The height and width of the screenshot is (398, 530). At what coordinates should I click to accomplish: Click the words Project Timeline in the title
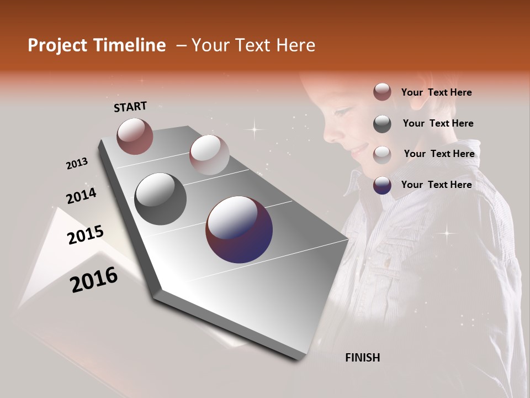coord(97,45)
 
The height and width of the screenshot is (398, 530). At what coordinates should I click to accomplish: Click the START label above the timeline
coord(130,107)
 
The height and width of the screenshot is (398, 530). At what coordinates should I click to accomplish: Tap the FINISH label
coord(362,358)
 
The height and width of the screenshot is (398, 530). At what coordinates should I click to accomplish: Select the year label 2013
coord(77,164)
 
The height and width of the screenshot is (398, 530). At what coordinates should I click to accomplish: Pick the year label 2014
coord(81,196)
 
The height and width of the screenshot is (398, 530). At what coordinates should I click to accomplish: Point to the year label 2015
coord(86,235)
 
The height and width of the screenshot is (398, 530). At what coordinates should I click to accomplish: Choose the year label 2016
coord(94,280)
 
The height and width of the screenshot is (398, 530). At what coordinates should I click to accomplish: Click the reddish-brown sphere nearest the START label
coord(135,136)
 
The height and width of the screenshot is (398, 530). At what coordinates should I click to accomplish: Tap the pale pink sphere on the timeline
coord(209,155)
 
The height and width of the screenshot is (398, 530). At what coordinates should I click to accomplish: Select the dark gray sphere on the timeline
coord(160,199)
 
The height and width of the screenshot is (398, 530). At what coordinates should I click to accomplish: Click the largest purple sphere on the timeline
coord(239,229)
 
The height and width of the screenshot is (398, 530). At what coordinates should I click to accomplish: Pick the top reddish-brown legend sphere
coord(382,92)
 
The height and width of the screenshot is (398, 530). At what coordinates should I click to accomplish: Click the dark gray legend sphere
coord(382,124)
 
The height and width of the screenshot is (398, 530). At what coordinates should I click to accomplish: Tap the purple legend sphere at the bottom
coord(382,185)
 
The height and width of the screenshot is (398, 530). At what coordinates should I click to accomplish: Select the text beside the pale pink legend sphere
coord(439,154)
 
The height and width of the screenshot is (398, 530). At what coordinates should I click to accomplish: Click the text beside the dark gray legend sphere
coord(438,123)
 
